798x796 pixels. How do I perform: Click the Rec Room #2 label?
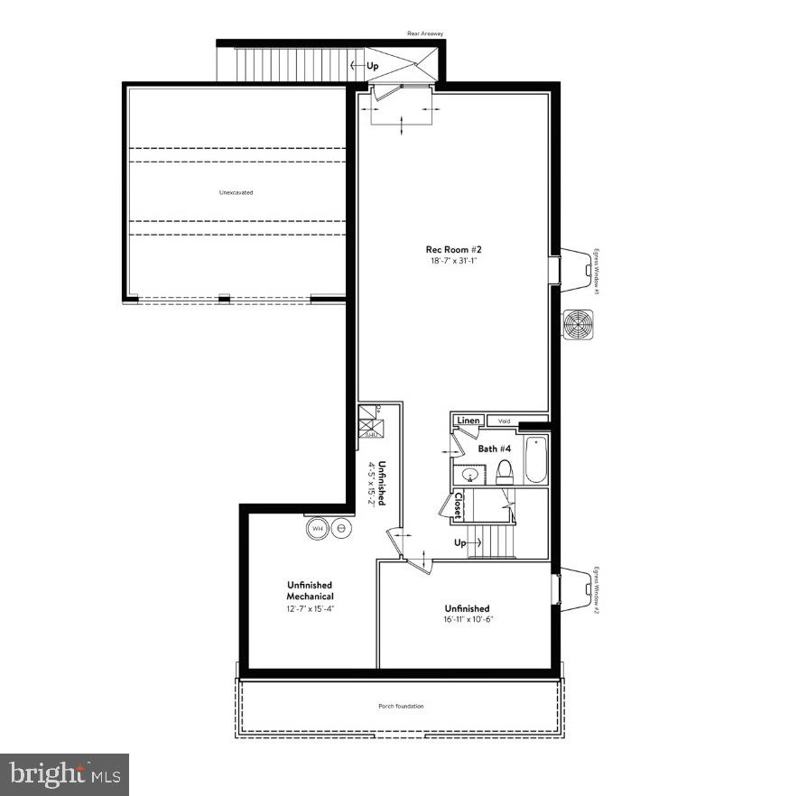[452, 250]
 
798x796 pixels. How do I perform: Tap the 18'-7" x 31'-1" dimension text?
[452, 261]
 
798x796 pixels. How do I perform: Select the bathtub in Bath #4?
[535, 460]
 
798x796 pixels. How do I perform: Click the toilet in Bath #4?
[505, 470]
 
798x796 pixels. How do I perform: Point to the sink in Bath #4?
[470, 475]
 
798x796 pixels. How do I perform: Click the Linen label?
[468, 421]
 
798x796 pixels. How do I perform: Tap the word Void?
[504, 421]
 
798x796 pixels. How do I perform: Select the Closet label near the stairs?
[459, 505]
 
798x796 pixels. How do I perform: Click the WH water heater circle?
[318, 529]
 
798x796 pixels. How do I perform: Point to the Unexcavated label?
[236, 192]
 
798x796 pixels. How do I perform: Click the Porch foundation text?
[401, 706]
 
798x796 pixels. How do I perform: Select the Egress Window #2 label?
[597, 591]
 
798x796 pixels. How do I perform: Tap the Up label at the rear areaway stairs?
[372, 66]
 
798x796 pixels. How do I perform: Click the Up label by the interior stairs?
[460, 543]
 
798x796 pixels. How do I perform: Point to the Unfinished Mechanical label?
[310, 591]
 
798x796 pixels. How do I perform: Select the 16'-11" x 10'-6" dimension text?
[467, 620]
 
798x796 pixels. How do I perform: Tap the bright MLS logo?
[64, 773]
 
